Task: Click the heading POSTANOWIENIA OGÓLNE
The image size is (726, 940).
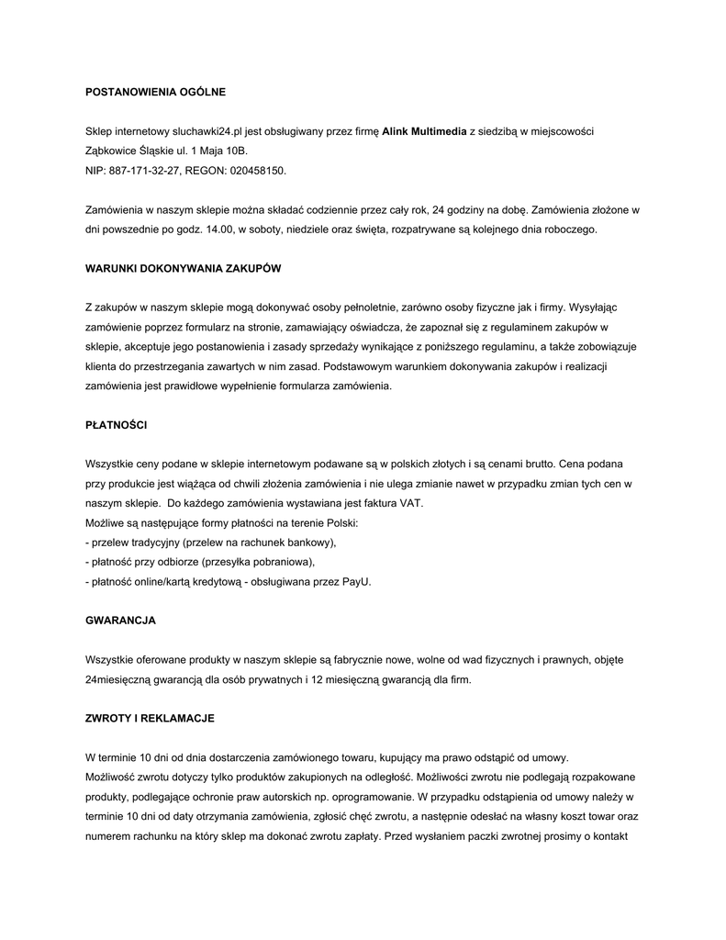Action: [x=154, y=92]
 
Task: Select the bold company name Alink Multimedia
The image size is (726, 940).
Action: [x=424, y=132]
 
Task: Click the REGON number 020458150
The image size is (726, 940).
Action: [x=260, y=171]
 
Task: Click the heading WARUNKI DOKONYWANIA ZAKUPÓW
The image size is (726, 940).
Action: [x=183, y=269]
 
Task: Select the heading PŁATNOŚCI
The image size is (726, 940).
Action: [x=116, y=426]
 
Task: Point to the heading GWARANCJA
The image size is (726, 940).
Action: [x=120, y=621]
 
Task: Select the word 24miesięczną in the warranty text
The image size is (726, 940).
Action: [x=121, y=680]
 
